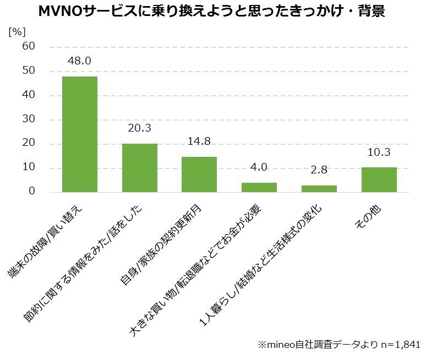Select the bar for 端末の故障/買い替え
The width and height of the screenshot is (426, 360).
[80, 134]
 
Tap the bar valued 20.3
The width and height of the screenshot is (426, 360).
[140, 168]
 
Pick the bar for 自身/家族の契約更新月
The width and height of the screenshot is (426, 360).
[199, 174]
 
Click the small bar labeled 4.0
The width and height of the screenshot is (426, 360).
[259, 187]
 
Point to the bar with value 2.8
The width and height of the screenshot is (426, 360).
[319, 189]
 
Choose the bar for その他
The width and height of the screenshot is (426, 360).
[379, 179]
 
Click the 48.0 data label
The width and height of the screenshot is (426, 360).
[79, 61]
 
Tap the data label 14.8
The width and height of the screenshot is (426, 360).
[199, 141]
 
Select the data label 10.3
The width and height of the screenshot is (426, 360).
[379, 152]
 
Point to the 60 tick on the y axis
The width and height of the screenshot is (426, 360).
[29, 47]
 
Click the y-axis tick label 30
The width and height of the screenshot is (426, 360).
[29, 119]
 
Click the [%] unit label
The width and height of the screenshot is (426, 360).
[17, 31]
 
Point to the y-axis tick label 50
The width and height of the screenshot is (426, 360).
[29, 71]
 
